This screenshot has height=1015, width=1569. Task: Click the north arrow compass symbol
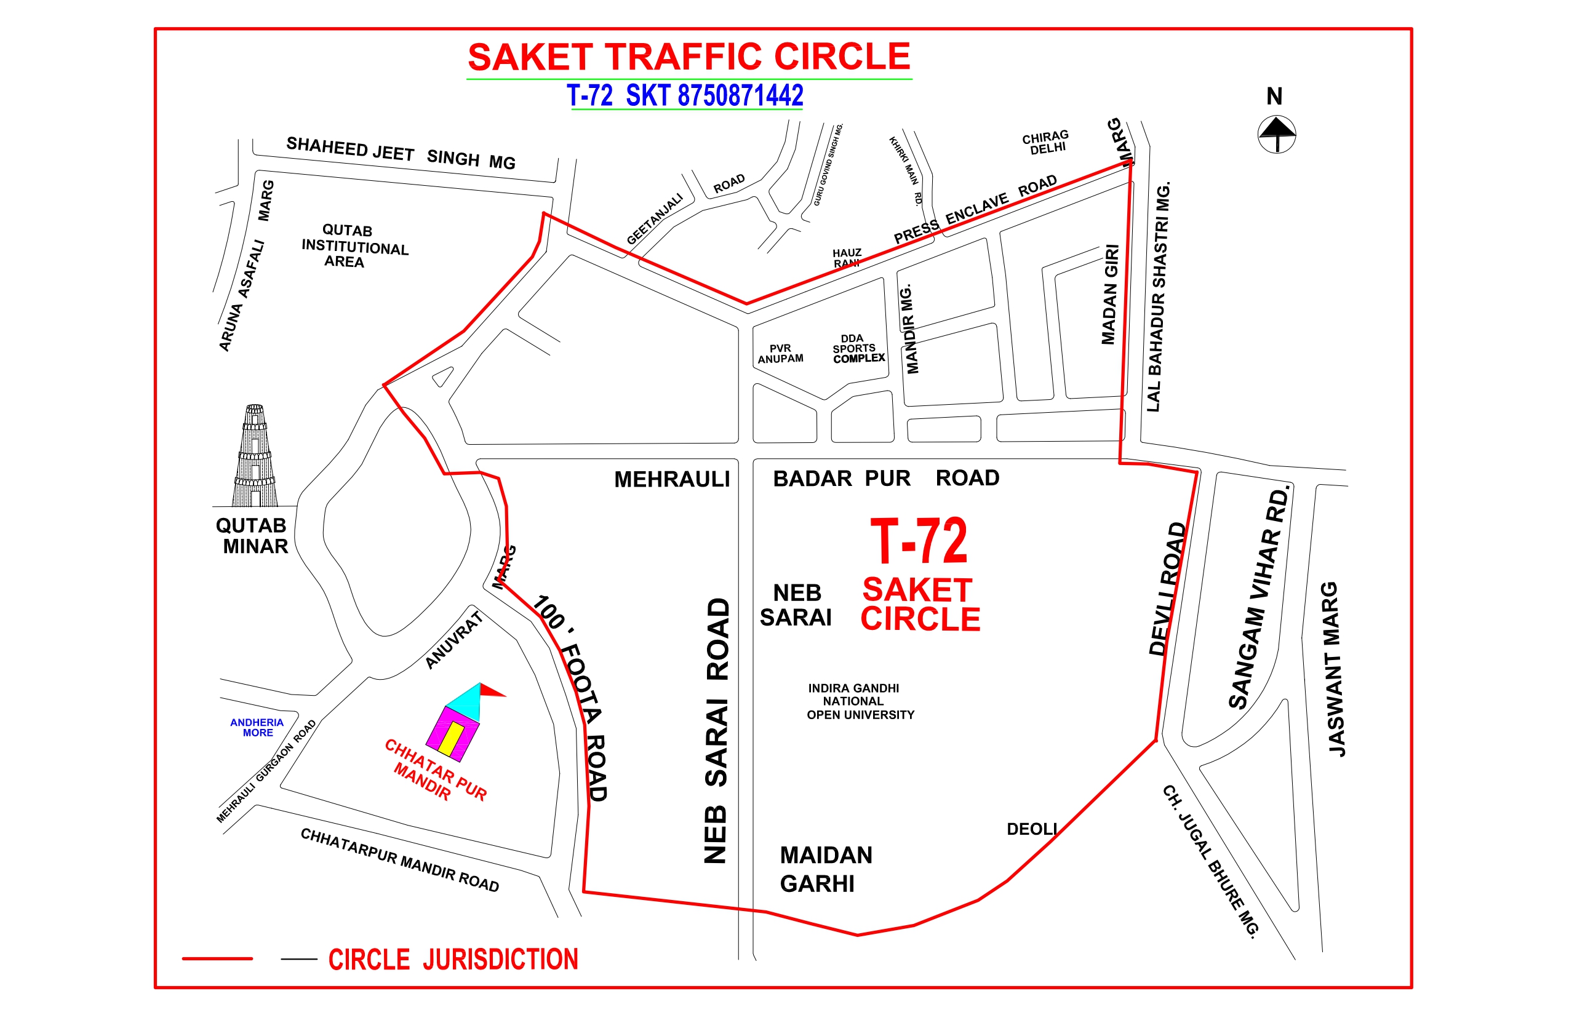coord(1276,135)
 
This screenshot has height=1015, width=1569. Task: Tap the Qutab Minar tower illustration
coord(255,456)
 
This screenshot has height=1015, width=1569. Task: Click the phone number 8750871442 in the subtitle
coord(740,95)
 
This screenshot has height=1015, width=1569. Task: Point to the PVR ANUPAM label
coord(780,354)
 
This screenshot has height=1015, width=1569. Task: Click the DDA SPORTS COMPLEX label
coord(857,349)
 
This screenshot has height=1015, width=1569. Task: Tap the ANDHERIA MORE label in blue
coord(257,728)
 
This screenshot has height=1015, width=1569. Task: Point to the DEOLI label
coord(1032,829)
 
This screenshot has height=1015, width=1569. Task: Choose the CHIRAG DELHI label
coord(1045,142)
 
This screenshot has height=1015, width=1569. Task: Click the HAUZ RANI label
coord(847,258)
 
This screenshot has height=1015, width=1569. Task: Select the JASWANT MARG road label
coord(1335,670)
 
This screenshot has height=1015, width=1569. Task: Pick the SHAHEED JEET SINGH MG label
coord(401,153)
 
